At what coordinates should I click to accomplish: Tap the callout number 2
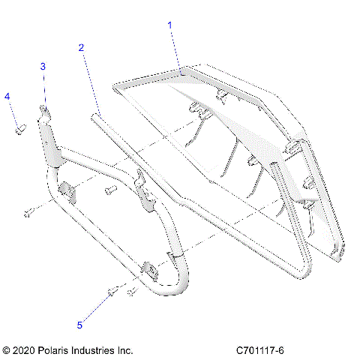coord(81,47)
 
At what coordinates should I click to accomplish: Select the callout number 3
coord(43,66)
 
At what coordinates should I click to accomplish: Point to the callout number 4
coord(7,96)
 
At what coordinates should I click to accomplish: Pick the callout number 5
coord(79,325)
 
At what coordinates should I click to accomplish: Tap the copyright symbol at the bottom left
coord(7,349)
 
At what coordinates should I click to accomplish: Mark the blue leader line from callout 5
coord(96,307)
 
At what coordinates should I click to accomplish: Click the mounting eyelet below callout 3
coord(45,112)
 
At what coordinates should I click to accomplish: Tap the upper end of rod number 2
coord(99,115)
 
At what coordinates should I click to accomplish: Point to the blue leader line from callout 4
coord(13,113)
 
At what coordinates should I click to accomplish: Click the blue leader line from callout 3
coord(43,88)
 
